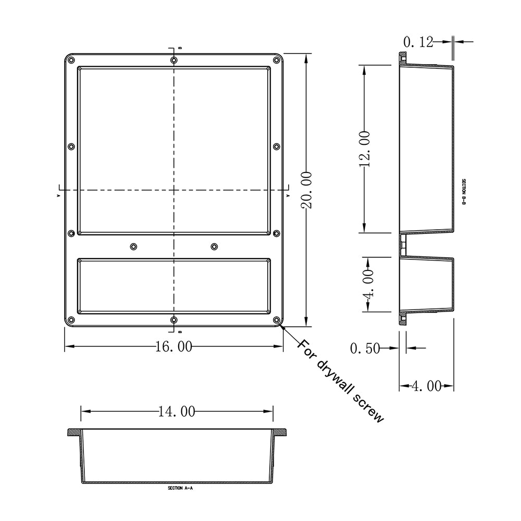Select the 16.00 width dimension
click(173, 346)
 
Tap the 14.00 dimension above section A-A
click(177, 412)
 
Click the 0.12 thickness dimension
click(418, 42)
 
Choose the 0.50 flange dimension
click(365, 349)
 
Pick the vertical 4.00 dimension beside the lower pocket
click(368, 284)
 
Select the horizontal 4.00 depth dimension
click(427, 386)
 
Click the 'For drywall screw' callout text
click(341, 380)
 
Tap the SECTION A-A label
click(177, 489)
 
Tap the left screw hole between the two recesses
click(134, 246)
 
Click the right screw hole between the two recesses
click(214, 246)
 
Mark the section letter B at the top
click(180, 48)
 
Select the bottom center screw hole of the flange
click(173, 320)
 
